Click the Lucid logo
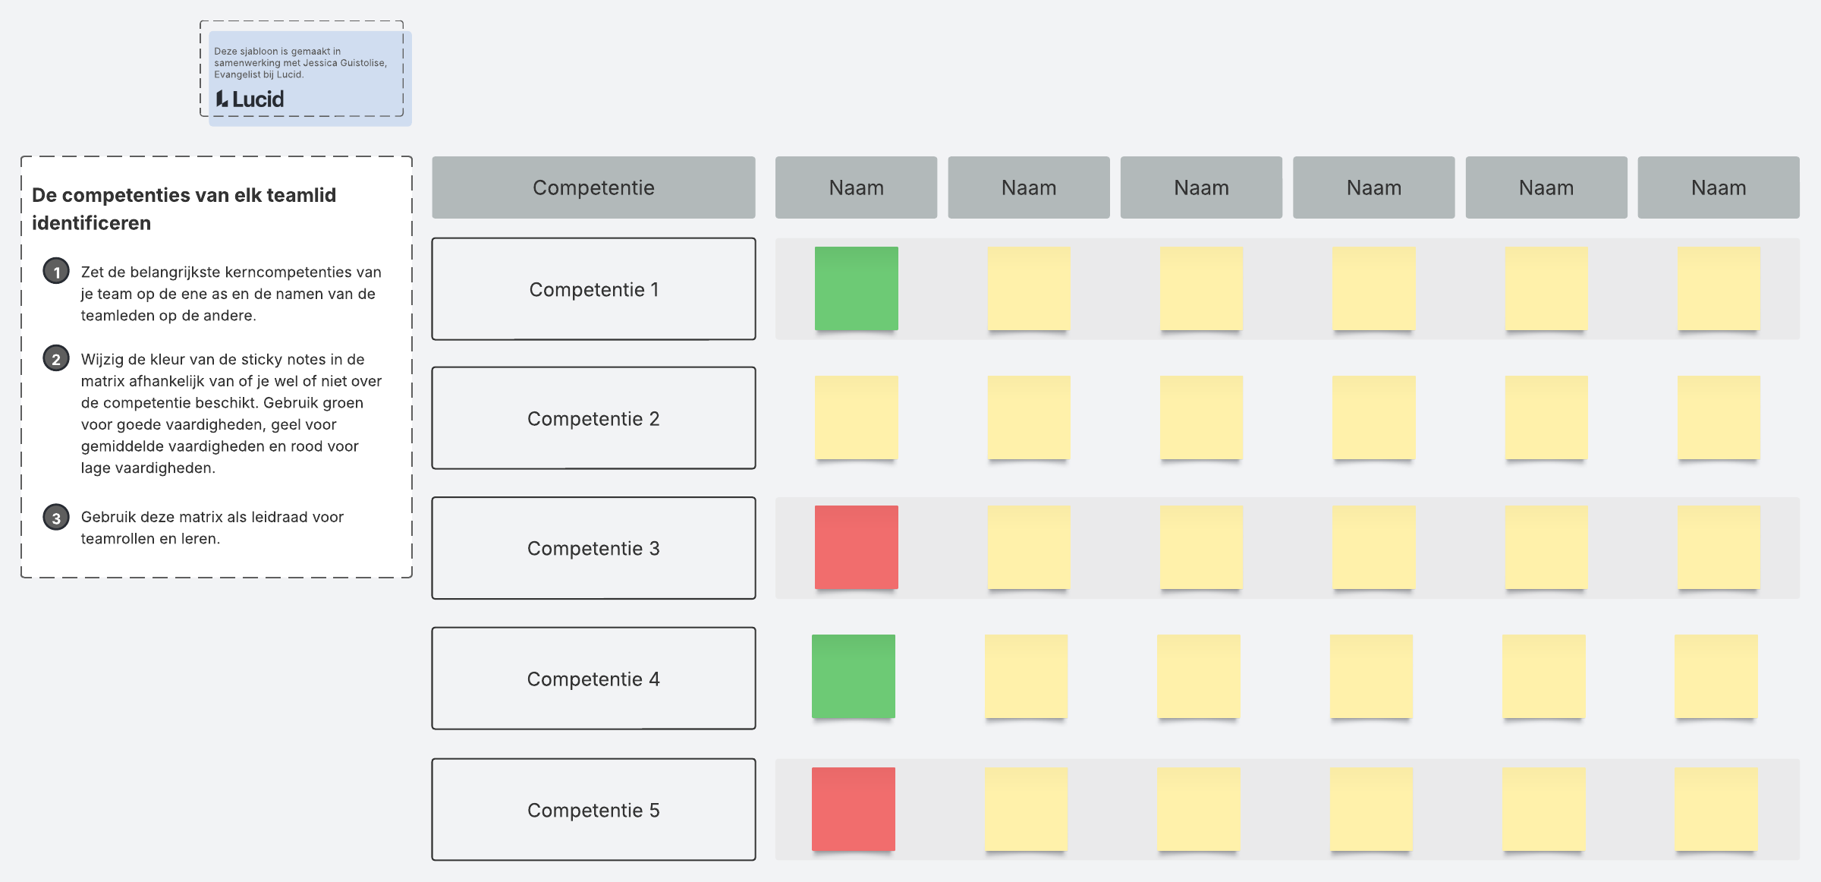[x=250, y=99]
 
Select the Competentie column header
[x=593, y=187]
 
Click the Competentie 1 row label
[x=593, y=289]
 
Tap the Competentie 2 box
[x=593, y=418]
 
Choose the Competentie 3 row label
[x=593, y=548]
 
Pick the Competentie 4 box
[x=593, y=679]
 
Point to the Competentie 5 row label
[x=593, y=810]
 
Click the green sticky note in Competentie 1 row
[x=857, y=288]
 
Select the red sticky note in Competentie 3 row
[x=857, y=547]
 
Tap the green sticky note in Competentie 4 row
[x=854, y=676]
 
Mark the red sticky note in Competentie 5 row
[x=854, y=809]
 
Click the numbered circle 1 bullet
[x=56, y=271]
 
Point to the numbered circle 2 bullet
[x=56, y=358]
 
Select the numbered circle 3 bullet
[x=56, y=518]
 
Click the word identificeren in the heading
[x=91, y=223]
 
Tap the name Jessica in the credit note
[x=320, y=63]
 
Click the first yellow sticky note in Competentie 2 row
[x=857, y=417]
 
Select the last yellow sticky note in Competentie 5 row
[x=1716, y=809]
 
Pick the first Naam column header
[x=857, y=187]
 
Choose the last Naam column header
[x=1719, y=187]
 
